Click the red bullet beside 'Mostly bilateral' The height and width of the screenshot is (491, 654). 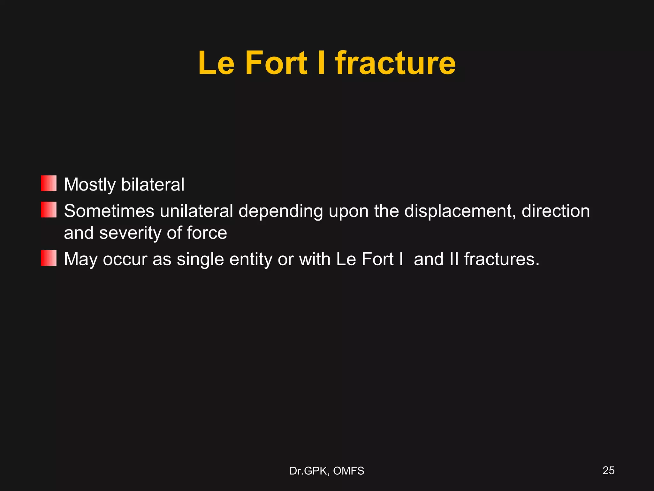pyautogui.click(x=49, y=183)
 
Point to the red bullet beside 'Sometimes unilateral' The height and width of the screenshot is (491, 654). pyautogui.click(x=49, y=210)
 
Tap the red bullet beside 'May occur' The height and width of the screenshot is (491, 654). pyautogui.click(x=49, y=258)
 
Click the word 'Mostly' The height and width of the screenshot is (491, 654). pyautogui.click(x=90, y=185)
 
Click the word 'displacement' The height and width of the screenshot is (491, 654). pyautogui.click(x=460, y=211)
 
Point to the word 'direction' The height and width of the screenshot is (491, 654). pyautogui.click(x=556, y=211)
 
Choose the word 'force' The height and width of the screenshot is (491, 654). pyautogui.click(x=207, y=233)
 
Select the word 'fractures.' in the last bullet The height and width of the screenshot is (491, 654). pyautogui.click(x=502, y=259)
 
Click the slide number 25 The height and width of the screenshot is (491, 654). pyautogui.click(x=608, y=471)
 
